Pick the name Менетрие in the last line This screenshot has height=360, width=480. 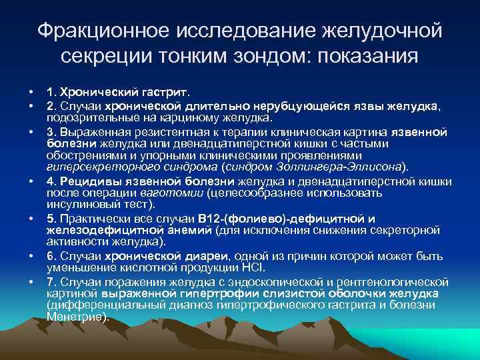tap(75, 317)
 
